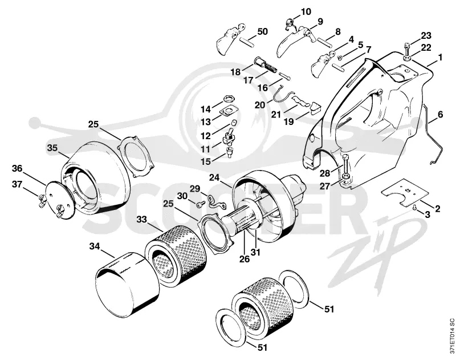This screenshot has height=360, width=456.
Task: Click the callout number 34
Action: point(95,247)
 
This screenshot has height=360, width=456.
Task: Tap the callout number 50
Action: point(262,31)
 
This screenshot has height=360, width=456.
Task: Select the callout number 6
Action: point(440,114)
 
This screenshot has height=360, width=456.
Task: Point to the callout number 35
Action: point(52,148)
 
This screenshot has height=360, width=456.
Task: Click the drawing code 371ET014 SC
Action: point(451,338)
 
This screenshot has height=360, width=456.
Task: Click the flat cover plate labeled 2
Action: point(405,192)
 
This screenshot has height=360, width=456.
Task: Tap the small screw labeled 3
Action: point(415,207)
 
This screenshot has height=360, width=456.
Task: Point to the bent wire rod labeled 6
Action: point(434,135)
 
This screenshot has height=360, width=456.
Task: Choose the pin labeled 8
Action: point(324,41)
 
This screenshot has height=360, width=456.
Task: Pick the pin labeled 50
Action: point(247,42)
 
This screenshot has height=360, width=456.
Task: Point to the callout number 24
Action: point(214,177)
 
